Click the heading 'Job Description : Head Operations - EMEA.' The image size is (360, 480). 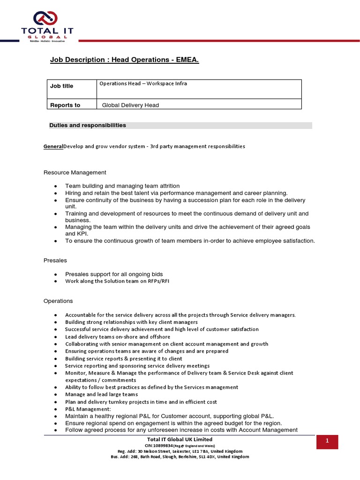[125, 60]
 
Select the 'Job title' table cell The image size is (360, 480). [62, 86]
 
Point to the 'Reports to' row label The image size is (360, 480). [65, 105]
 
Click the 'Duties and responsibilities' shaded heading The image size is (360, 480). [88, 126]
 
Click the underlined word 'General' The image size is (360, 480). [53, 146]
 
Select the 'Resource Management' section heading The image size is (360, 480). [75, 172]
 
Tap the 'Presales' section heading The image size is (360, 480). [55, 260]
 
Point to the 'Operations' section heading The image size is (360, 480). [58, 301]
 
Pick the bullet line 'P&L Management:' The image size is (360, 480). [88, 409]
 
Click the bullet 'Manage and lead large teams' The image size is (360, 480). [101, 395]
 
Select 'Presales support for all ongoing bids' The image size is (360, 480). [118, 274]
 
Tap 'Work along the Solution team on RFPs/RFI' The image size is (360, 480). [117, 281]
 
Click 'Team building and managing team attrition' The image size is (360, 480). [122, 186]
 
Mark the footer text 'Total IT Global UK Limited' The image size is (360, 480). [180, 439]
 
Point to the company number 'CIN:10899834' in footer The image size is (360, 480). [159, 445]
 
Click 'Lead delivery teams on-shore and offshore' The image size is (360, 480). [118, 337]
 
